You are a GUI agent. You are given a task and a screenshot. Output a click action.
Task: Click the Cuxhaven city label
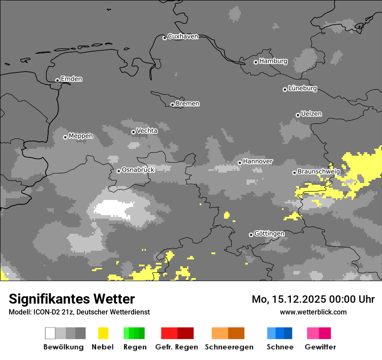183,36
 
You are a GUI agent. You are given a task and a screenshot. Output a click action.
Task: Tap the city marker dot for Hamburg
256,62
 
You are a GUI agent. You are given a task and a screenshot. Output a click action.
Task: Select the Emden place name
71,79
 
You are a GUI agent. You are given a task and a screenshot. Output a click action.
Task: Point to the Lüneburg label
302,88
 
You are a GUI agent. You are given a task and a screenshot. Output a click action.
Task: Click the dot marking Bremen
172,105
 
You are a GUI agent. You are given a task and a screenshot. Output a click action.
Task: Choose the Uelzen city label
311,114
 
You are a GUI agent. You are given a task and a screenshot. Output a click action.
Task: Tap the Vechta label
147,131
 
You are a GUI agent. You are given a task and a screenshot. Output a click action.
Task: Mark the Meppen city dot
65,137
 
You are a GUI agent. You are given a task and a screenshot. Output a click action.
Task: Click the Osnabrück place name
138,170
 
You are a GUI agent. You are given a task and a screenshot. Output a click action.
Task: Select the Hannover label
258,161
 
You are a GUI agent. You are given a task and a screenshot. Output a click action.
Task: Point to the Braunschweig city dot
294,173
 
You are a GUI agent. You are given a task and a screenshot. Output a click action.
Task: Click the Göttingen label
269,234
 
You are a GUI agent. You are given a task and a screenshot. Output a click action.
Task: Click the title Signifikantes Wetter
72,299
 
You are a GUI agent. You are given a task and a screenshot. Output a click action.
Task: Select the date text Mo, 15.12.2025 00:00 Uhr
313,299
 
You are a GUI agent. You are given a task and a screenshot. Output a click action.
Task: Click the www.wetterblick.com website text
313,312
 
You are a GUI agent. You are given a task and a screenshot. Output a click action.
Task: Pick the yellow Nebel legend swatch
103,333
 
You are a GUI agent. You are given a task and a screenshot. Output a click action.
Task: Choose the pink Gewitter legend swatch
319,333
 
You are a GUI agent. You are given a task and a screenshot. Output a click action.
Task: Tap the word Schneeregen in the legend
229,347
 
